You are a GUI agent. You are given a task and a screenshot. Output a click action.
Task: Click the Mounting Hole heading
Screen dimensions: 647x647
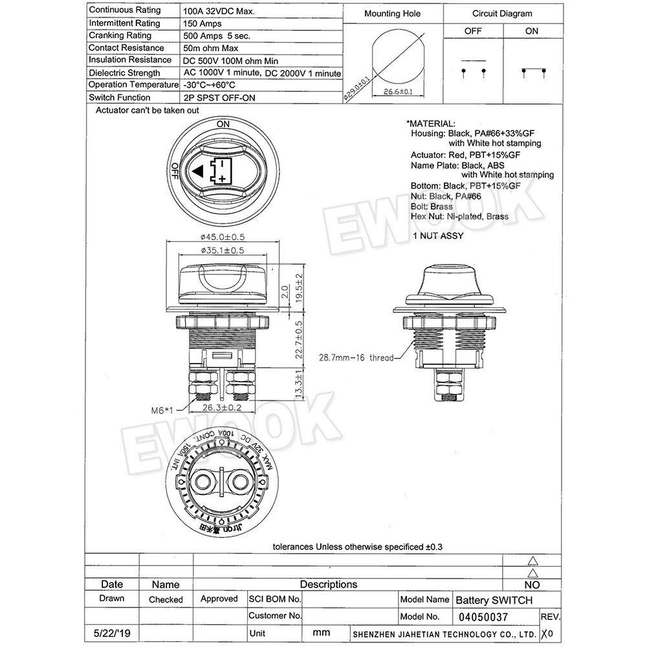point(392,14)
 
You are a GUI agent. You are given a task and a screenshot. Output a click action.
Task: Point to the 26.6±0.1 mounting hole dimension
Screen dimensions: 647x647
point(395,92)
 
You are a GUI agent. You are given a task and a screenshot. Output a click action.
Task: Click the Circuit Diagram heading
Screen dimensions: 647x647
point(502,14)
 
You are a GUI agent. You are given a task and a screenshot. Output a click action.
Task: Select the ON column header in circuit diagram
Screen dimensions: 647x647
point(531,31)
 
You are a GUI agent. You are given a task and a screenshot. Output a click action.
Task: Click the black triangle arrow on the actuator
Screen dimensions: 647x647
point(198,171)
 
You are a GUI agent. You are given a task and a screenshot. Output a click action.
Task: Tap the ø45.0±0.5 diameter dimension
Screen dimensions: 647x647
point(223,236)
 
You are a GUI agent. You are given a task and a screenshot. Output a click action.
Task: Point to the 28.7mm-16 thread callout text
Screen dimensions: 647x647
point(356,356)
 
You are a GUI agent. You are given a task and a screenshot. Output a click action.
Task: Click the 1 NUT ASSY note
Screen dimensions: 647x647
point(439,236)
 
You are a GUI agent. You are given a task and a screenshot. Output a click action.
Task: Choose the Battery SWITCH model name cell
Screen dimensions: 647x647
point(494,600)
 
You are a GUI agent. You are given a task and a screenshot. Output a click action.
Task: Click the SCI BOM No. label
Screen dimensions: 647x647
point(275,600)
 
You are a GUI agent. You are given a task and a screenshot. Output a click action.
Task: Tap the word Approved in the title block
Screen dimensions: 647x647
point(219,599)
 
